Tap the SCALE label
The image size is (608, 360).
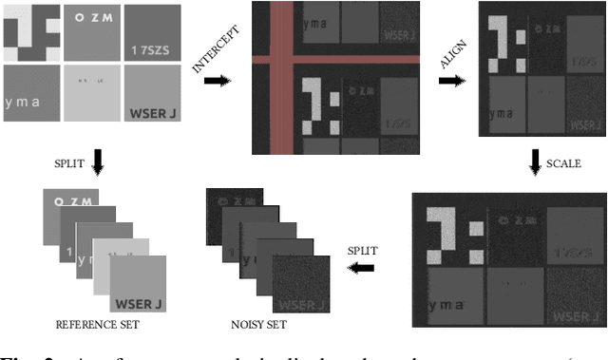[563, 163]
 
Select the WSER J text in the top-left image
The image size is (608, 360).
[151, 115]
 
